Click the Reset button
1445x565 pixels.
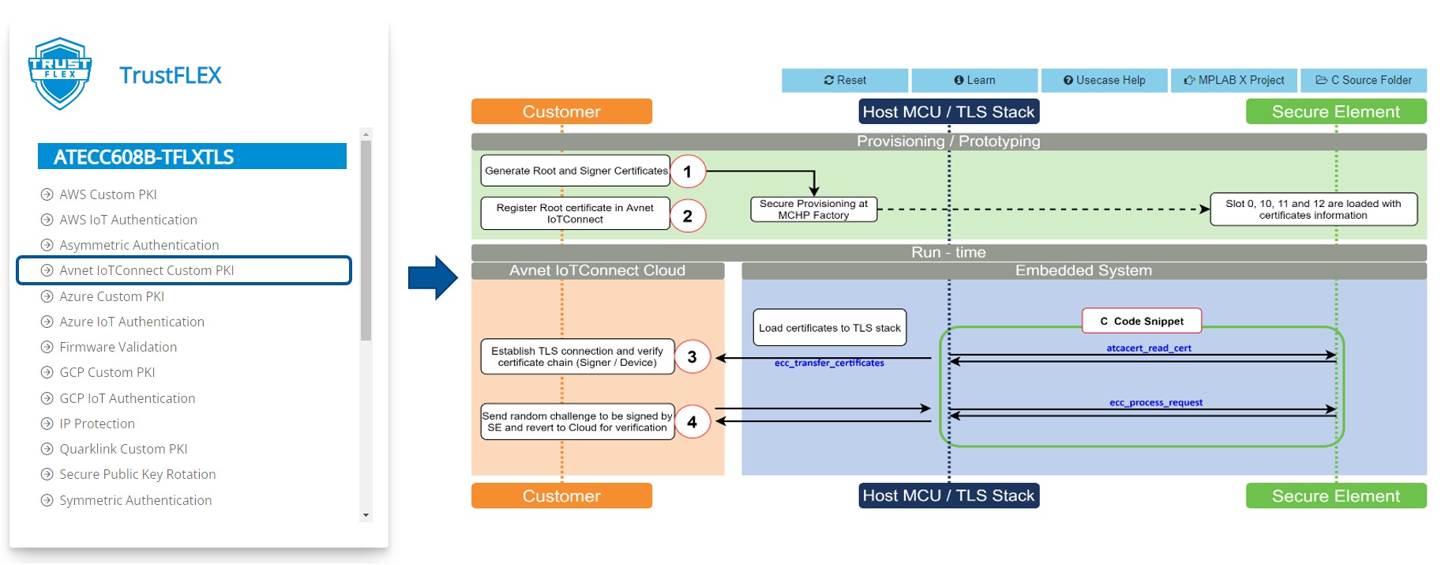click(x=844, y=80)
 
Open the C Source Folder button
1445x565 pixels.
click(x=1363, y=80)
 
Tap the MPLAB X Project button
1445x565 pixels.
click(x=1233, y=80)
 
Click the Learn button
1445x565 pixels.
click(x=974, y=80)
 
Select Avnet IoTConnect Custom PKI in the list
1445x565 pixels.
click(x=147, y=270)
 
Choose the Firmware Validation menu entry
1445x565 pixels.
click(x=118, y=347)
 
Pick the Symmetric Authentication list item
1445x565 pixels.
click(x=135, y=500)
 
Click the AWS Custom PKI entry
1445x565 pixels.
click(x=107, y=194)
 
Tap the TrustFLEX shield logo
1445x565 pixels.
click(x=60, y=73)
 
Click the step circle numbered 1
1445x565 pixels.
click(x=687, y=171)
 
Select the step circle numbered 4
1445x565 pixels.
click(x=692, y=422)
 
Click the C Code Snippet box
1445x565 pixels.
click(x=1141, y=321)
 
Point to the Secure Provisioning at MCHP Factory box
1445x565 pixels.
click(x=813, y=209)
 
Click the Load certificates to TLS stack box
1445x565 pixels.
click(x=829, y=328)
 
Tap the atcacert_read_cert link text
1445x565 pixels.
click(x=1148, y=348)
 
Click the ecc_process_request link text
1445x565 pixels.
click(x=1155, y=402)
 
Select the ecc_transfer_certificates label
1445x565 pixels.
click(x=828, y=363)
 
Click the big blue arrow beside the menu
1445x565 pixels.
click(x=432, y=277)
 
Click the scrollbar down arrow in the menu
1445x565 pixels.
click(x=366, y=515)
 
